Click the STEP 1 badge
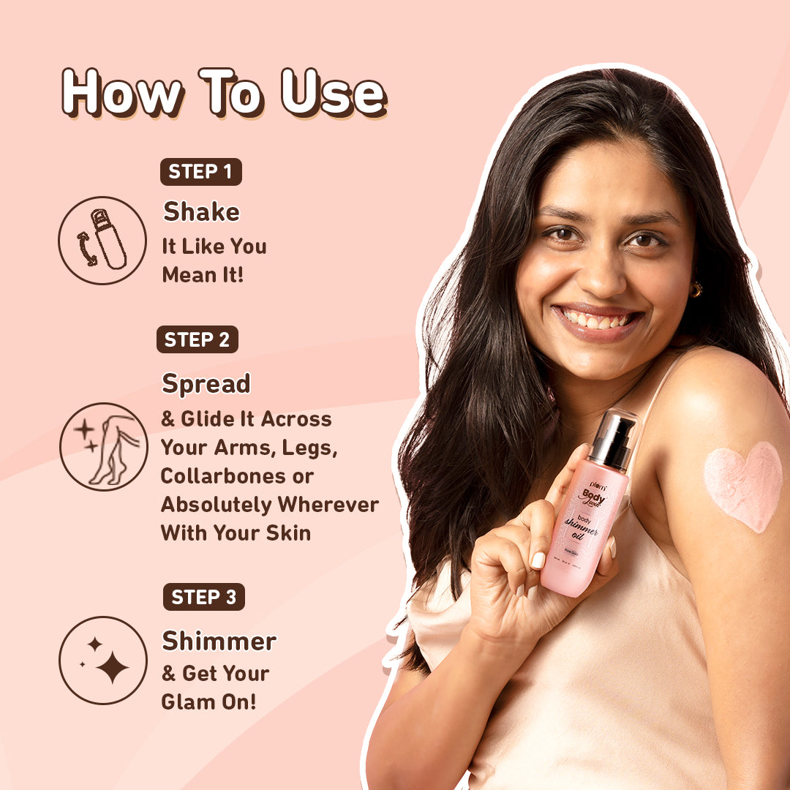[200, 172]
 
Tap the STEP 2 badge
[197, 339]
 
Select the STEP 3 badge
[203, 597]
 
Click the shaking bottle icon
[102, 240]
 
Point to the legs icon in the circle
[103, 447]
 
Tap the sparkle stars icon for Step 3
[103, 661]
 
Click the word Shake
[201, 212]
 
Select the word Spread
[206, 384]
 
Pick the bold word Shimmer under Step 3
[219, 642]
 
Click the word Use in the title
[334, 93]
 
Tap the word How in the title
[121, 93]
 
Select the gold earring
[695, 290]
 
